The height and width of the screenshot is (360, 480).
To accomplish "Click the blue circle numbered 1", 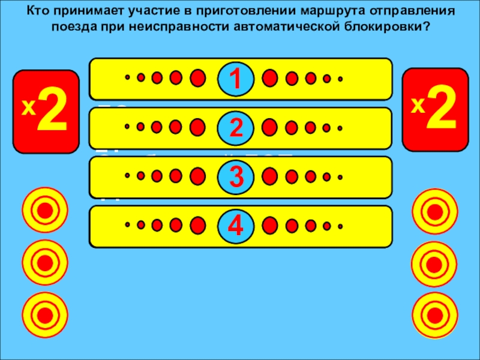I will pos(235,79).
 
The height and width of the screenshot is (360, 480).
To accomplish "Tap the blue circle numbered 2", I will pos(235,127).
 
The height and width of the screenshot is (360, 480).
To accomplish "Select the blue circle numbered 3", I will pos(235,176).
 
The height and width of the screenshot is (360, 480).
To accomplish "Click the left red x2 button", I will pos(47,112).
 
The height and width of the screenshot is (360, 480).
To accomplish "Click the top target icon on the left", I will pos(44,211).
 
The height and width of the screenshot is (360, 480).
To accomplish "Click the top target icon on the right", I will pos(435,211).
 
